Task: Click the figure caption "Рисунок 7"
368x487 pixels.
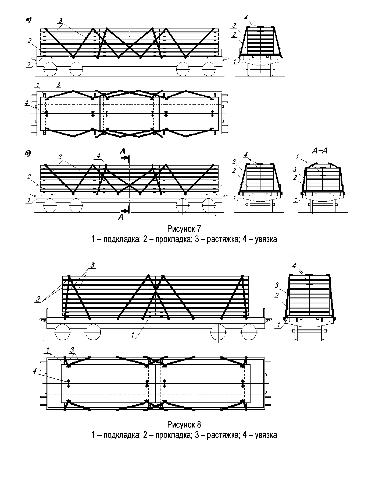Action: pyautogui.click(x=184, y=229)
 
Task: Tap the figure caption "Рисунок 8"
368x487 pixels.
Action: pyautogui.click(x=184, y=425)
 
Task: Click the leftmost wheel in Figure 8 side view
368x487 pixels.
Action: pyautogui.click(x=62, y=332)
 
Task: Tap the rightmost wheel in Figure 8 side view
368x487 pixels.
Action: pyautogui.click(x=249, y=332)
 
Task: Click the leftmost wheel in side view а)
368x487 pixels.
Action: pyautogui.click(x=50, y=69)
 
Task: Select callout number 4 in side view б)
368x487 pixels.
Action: pyautogui.click(x=99, y=156)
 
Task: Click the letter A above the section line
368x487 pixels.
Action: pyautogui.click(x=123, y=151)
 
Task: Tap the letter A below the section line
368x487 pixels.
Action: pyautogui.click(x=121, y=217)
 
